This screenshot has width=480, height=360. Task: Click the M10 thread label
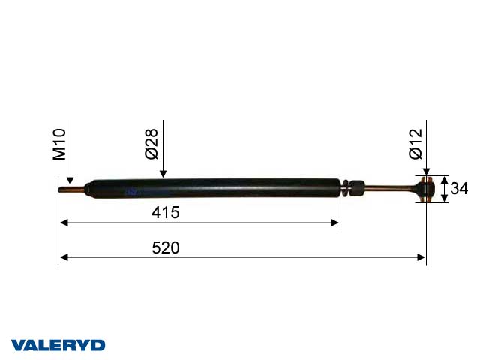pyautogui.click(x=60, y=145)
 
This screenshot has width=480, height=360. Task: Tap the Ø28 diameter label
pyautogui.click(x=152, y=145)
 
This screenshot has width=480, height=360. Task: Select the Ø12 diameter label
pyautogui.click(x=416, y=144)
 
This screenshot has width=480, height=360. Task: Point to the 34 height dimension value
pyautogui.click(x=457, y=189)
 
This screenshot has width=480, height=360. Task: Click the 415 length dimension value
pyautogui.click(x=165, y=212)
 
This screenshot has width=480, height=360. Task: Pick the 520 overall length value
pyautogui.click(x=165, y=247)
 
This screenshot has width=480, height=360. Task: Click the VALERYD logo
pyautogui.click(x=58, y=345)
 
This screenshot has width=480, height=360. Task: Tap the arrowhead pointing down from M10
pyautogui.click(x=69, y=181)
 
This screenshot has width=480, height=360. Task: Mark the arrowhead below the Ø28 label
pyautogui.click(x=163, y=175)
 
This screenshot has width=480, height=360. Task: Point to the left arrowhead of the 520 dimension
pyautogui.click(x=64, y=257)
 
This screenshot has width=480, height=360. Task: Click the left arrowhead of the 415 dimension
pyautogui.click(x=64, y=223)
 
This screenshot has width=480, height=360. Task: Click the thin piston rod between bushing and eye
pyautogui.click(x=390, y=189)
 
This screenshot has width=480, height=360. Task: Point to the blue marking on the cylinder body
pyautogui.click(x=135, y=192)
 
